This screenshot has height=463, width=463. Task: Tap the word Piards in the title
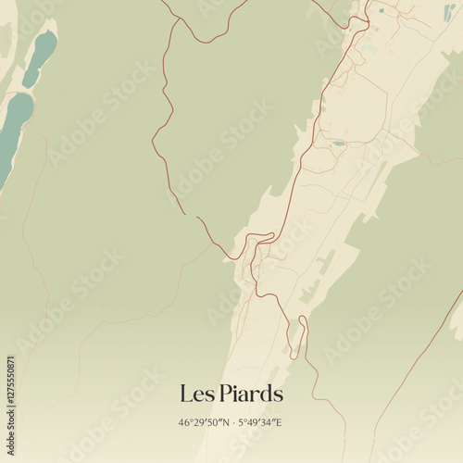(249, 394)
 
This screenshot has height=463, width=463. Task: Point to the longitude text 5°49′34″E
(260, 423)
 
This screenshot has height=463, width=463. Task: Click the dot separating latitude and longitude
(231, 423)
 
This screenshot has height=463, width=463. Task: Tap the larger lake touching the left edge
(13, 125)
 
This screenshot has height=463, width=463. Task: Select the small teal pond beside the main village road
(338, 143)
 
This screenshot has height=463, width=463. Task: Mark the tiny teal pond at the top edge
(381, 11)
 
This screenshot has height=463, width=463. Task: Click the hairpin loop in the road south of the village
(297, 337)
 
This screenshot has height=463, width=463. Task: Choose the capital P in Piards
(226, 394)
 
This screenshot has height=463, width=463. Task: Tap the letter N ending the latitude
(223, 423)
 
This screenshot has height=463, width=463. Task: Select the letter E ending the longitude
(279, 423)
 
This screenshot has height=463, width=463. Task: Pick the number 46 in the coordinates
(184, 423)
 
